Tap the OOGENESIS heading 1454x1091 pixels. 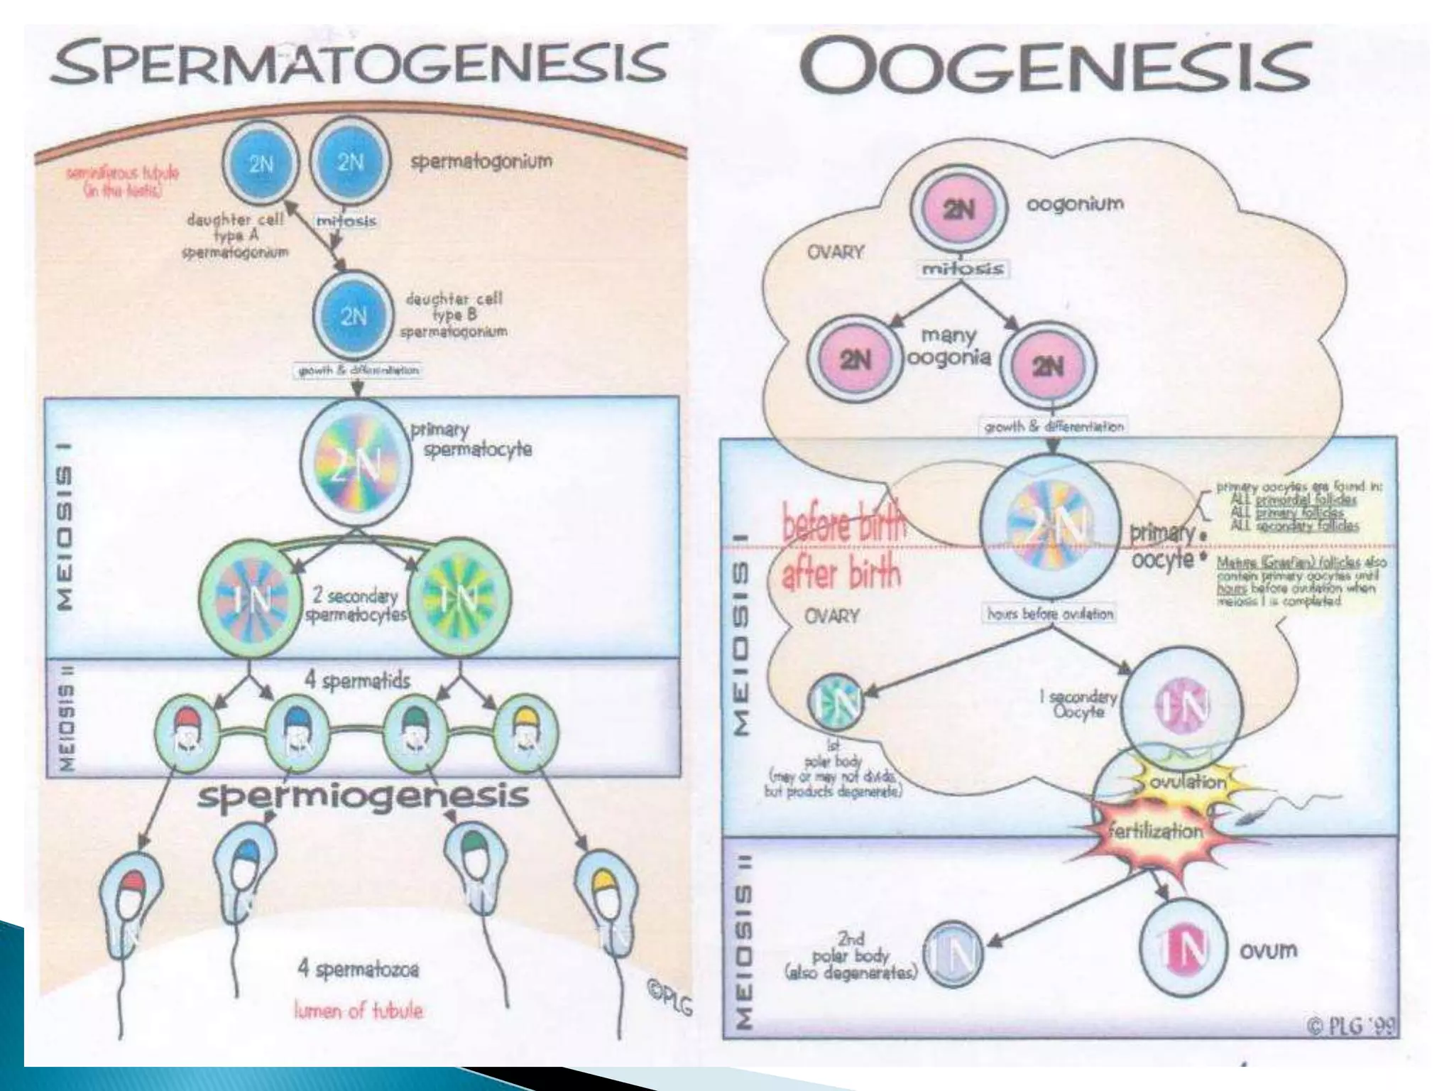pos(1054,65)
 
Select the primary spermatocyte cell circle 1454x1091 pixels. pos(356,464)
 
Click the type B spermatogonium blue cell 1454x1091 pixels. pos(353,315)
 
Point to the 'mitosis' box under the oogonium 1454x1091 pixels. pos(962,268)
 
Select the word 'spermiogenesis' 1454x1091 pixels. pos(363,796)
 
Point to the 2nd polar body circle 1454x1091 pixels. pos(953,954)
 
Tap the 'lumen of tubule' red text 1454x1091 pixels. pos(358,1010)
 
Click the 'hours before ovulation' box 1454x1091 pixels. pos(1049,614)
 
